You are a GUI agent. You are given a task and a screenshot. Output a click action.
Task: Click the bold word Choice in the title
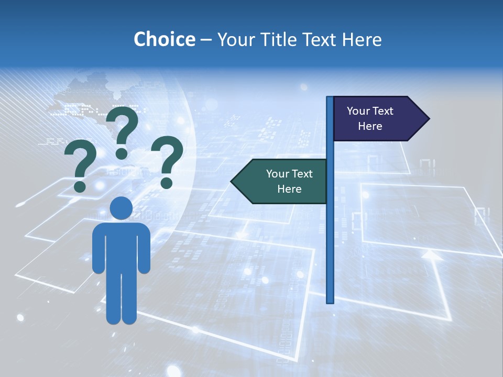tap(164, 39)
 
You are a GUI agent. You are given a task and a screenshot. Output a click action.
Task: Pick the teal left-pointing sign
tap(283, 181)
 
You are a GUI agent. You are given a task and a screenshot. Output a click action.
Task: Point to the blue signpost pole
tap(330, 236)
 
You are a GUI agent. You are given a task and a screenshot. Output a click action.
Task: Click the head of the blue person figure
tap(121, 208)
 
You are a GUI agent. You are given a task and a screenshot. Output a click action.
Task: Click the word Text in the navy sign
tap(382, 111)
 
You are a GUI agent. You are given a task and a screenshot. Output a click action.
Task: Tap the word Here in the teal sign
tap(289, 189)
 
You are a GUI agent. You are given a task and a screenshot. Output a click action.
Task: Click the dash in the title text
tap(206, 40)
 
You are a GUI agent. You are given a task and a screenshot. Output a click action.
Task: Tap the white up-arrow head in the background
tap(430, 255)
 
